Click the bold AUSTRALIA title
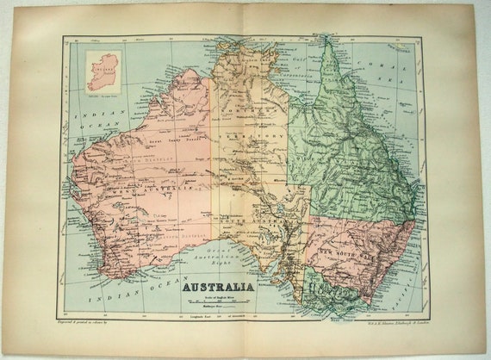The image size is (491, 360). coord(216,286)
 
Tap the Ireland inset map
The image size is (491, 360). coord(103,71)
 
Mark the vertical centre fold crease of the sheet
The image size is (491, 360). coord(246,172)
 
